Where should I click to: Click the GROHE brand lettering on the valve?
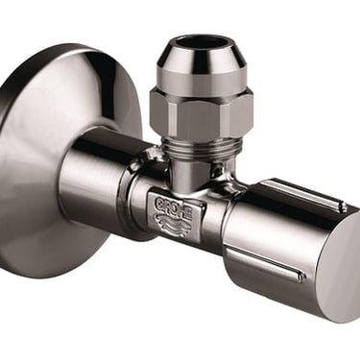[x=174, y=206]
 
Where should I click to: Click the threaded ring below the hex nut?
[x=200, y=147]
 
